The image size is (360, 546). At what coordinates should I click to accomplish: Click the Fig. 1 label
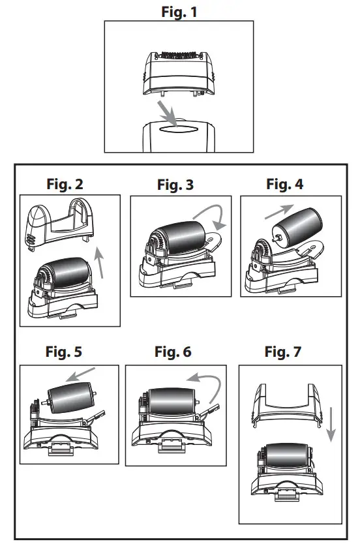[179, 11]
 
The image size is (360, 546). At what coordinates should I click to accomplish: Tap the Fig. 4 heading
[284, 184]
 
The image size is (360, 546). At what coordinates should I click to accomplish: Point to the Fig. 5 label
[64, 353]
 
